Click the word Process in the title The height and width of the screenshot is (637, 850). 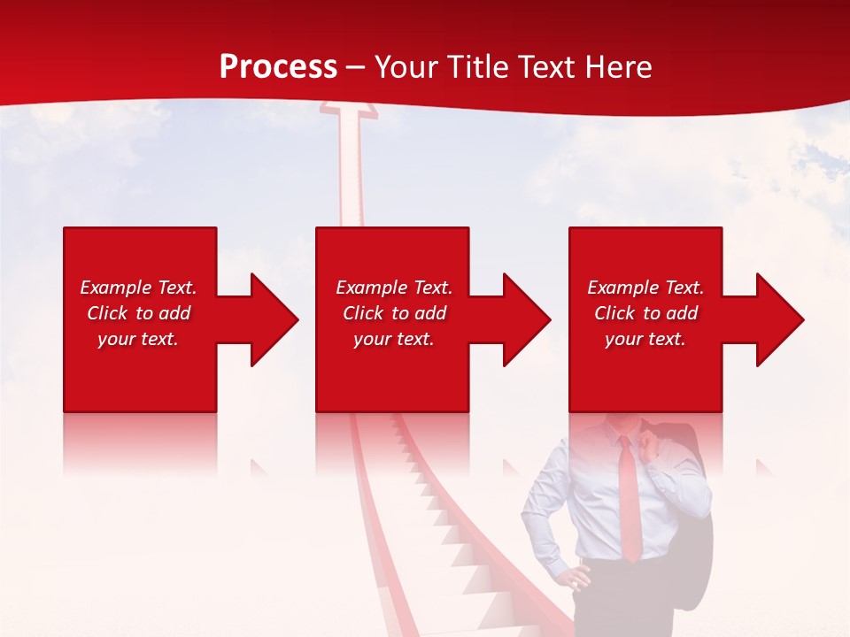coord(278,67)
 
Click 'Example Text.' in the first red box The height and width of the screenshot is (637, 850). coord(138,288)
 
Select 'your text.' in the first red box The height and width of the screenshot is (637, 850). coord(138,339)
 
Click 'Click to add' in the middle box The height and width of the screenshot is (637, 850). coord(394,313)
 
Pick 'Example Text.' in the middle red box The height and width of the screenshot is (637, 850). coord(394,288)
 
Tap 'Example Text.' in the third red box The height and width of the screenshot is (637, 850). coord(645,288)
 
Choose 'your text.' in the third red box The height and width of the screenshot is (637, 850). coord(645,339)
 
